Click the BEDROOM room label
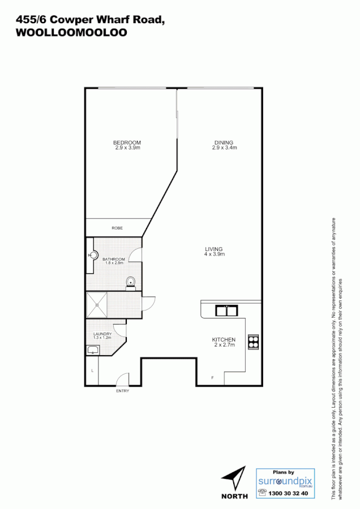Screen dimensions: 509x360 pos(127,143)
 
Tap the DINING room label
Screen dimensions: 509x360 pos(224,143)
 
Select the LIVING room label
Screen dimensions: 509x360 pos(214,249)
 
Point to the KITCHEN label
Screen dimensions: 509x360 pos(224,339)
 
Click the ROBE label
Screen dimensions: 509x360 pos(117,228)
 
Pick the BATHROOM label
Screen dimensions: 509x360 pos(114,259)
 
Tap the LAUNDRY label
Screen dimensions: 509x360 pos(102,334)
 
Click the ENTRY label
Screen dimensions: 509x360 pos(122,391)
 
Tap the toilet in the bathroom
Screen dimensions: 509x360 pos(131,281)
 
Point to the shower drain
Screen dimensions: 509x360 pos(98,305)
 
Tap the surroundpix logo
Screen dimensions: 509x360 pos(285,481)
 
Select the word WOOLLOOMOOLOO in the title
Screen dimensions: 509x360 pos(71,33)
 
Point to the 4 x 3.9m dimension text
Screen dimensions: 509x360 pos(215,255)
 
